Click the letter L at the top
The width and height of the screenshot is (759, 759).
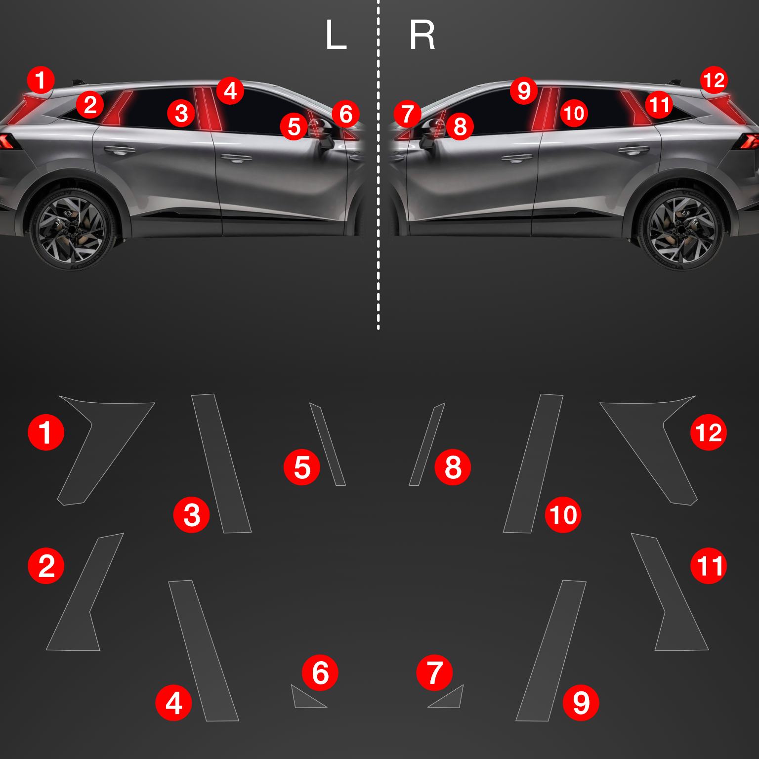[336, 35]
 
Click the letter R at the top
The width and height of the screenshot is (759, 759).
[422, 35]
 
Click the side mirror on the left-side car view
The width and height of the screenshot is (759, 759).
[323, 133]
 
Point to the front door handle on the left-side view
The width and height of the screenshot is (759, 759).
[236, 158]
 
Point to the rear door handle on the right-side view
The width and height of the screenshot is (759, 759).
[633, 149]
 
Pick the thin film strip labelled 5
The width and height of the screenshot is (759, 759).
[327, 444]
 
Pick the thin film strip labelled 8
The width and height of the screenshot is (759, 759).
[427, 444]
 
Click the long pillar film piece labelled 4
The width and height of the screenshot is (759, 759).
[204, 650]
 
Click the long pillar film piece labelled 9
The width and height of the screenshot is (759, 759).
[551, 650]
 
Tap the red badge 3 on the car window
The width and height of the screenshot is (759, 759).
[181, 113]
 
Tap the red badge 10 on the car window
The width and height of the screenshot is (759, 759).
[574, 113]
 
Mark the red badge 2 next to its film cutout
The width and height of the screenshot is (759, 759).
[46, 565]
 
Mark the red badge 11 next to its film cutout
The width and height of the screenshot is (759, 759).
[709, 565]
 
